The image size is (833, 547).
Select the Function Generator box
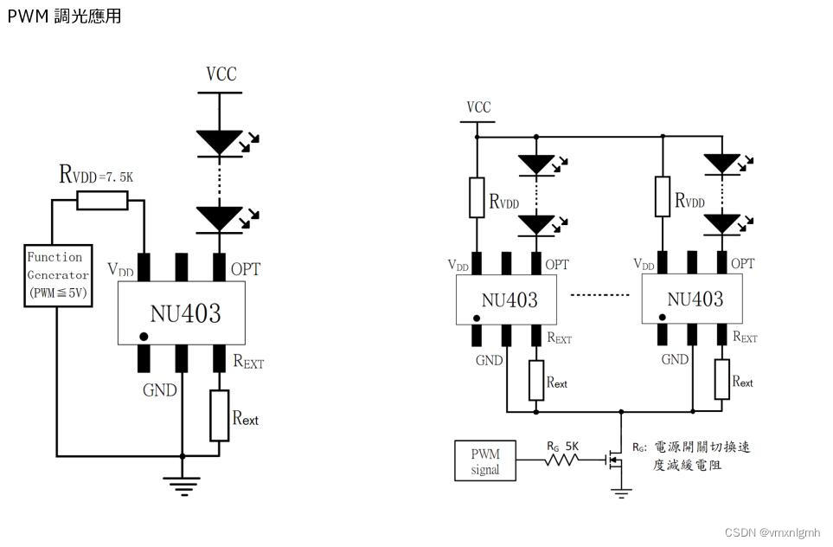55,275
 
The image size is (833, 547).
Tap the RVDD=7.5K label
96,175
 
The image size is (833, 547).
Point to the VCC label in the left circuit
221,74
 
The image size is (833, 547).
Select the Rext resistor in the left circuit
220,415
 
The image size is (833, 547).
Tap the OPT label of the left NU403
245,269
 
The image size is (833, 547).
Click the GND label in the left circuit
159,389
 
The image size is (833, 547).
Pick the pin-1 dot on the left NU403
144,335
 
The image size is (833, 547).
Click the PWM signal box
485,461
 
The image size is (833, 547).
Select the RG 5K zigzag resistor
562,461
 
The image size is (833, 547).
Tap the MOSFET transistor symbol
615,461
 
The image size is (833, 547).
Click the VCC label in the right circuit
478,107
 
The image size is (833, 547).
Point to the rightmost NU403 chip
695,299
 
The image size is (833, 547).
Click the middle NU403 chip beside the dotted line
509,299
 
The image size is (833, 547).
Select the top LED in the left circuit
219,142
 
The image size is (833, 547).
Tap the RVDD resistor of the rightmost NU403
663,197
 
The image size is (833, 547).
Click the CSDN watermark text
772,532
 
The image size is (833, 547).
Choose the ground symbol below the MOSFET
620,492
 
